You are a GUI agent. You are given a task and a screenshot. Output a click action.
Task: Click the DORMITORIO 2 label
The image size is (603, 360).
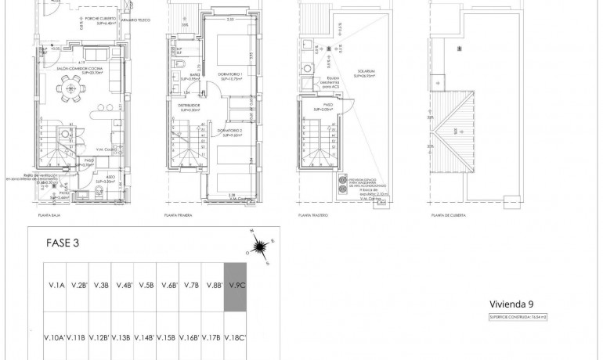(229, 132)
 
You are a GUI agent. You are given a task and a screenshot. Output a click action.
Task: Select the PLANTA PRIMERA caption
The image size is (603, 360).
(179, 214)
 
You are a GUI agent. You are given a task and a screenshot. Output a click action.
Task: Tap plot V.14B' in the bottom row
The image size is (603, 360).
(145, 338)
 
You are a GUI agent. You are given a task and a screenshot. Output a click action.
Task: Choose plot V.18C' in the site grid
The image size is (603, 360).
(236, 338)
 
